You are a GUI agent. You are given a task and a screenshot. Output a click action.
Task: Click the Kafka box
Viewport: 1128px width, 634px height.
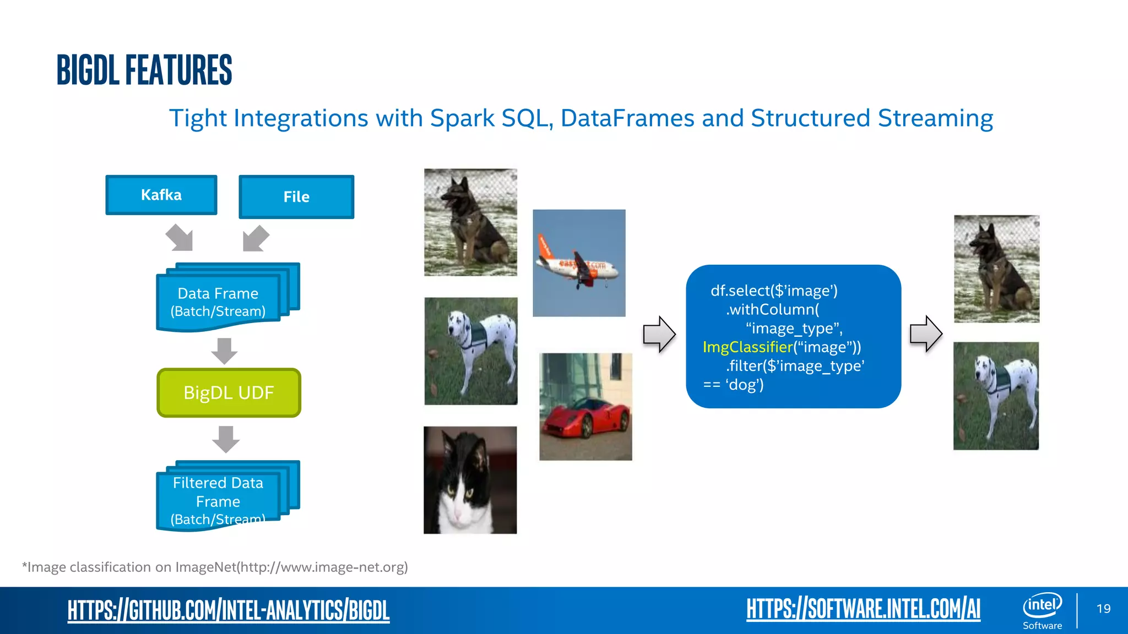tap(161, 195)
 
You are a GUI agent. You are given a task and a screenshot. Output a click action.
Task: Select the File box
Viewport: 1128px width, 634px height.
tap(296, 196)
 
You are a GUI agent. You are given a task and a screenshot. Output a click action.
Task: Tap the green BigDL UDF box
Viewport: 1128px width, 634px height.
tap(229, 392)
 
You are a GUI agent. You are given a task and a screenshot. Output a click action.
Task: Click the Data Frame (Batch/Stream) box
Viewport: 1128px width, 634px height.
tap(218, 302)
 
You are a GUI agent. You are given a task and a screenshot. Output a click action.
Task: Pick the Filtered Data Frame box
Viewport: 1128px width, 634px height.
tap(218, 500)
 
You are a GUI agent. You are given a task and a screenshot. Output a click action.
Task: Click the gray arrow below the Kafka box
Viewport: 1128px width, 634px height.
tap(180, 238)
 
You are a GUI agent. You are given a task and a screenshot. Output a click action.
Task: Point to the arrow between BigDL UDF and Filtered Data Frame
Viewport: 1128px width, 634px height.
tap(225, 439)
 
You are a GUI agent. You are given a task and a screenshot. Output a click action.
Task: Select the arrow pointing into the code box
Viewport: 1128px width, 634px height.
tap(659, 334)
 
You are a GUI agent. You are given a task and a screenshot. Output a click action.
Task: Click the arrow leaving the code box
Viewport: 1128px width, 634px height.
tap(925, 334)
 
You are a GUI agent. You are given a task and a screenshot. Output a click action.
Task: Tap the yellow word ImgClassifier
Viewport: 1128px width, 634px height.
tap(747, 347)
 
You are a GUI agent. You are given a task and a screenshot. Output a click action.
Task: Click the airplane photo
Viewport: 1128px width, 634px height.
tap(579, 263)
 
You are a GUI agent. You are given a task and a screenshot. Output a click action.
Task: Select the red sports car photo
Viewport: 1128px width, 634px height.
tap(585, 407)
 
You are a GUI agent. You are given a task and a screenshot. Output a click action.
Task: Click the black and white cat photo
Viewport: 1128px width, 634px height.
tap(470, 480)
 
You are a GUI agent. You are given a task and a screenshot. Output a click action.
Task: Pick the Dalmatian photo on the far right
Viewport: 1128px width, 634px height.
tap(996, 396)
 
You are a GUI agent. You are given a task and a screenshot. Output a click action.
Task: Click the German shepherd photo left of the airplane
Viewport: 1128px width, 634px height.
tap(470, 222)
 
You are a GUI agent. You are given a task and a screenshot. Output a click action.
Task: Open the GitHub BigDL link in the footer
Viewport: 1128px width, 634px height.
tap(228, 610)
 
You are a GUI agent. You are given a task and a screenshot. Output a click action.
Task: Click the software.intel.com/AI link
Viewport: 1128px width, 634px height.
tap(863, 609)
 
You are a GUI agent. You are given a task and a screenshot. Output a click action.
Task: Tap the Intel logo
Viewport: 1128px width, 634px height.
tap(1042, 605)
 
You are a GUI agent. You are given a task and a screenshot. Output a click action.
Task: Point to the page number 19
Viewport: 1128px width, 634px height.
tap(1103, 609)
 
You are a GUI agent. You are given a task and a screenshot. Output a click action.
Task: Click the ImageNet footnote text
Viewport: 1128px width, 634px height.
tap(215, 567)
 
